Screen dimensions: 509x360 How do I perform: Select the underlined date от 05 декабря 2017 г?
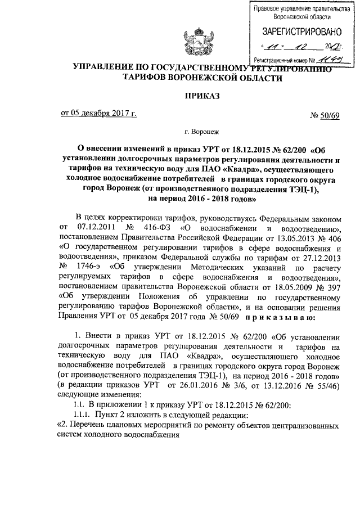(x=98, y=114)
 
